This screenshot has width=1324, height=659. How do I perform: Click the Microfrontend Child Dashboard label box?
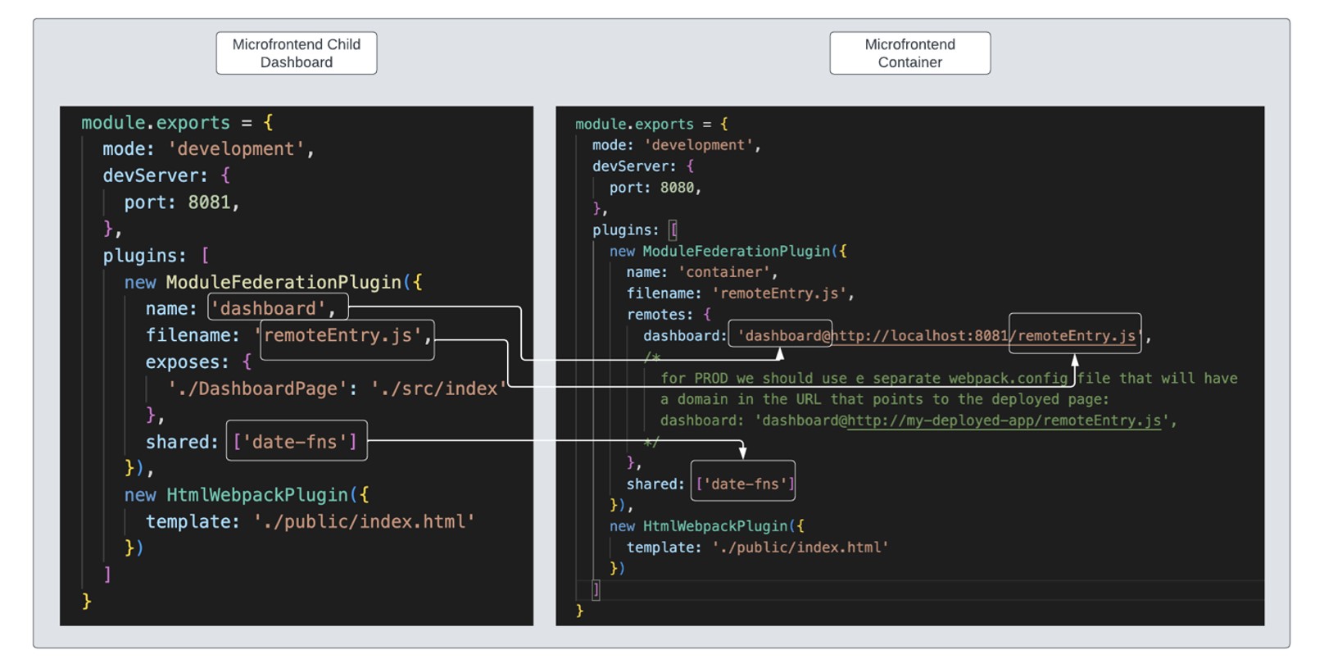coord(296,53)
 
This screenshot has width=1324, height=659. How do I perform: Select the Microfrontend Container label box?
coord(909,53)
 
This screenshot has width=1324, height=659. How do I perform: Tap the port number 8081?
coord(209,202)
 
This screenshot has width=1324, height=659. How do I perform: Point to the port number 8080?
coord(677,188)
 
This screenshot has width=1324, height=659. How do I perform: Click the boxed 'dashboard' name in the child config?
coord(277,308)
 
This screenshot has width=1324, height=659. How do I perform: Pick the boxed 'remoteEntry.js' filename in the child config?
coord(347,336)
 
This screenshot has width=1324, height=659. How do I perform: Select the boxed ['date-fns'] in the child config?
coord(296,442)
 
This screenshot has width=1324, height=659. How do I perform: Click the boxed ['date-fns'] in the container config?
coord(743,484)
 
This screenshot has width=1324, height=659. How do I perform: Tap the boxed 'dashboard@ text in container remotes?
coord(780,335)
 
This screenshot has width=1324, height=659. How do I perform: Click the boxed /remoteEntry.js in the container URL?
coord(1074,335)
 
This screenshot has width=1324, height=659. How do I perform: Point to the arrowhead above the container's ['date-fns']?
coord(742,452)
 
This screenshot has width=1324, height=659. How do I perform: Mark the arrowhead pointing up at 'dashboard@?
coord(780,353)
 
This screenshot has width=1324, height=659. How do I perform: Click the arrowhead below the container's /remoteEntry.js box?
coord(1075,360)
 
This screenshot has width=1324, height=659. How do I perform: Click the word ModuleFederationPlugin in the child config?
coord(283,282)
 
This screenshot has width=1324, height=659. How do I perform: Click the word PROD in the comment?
coord(710,378)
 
